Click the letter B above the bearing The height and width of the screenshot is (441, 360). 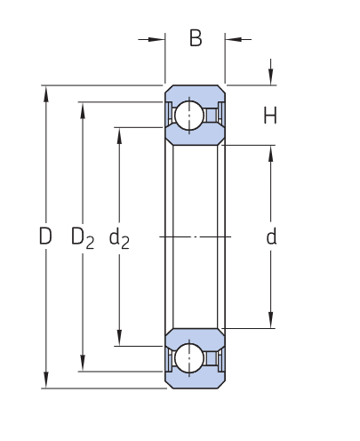(x=196, y=38)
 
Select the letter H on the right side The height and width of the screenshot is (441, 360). (x=270, y=116)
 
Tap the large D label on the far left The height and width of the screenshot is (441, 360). (x=45, y=237)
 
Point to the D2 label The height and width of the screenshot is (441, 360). (x=82, y=238)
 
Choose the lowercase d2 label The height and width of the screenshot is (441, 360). (x=118, y=238)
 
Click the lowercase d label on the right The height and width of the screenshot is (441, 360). (x=271, y=237)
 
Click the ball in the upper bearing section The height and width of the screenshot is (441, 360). (x=188, y=116)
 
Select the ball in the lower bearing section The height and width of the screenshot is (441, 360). (x=188, y=358)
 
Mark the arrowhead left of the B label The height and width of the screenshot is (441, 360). (x=159, y=39)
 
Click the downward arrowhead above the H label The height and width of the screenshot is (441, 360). (x=271, y=79)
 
